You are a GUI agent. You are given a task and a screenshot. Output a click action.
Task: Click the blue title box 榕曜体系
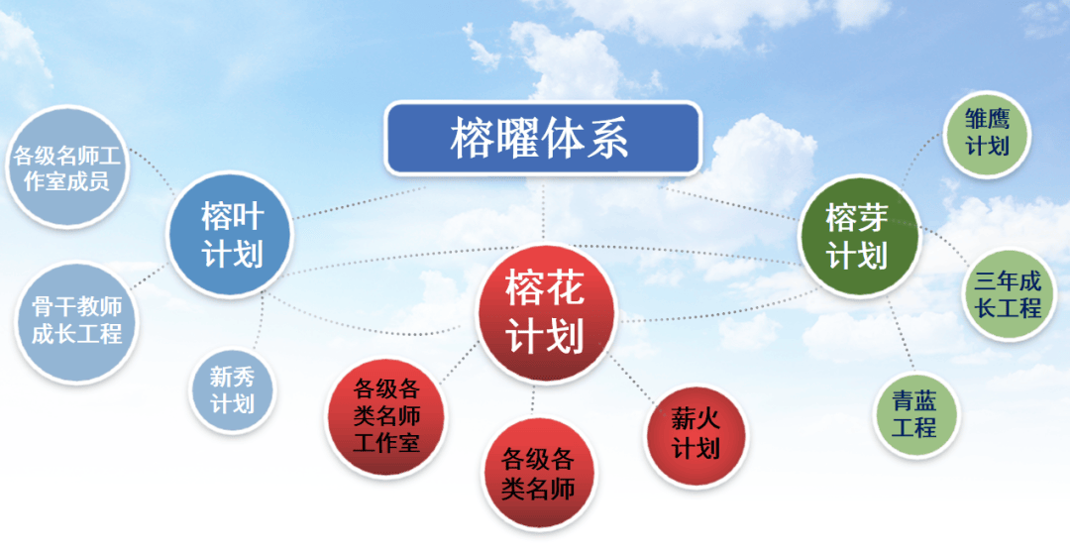pyautogui.click(x=543, y=139)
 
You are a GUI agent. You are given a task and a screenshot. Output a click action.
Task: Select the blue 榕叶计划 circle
pyautogui.click(x=230, y=234)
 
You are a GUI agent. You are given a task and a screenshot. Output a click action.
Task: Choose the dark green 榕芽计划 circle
pyautogui.click(x=858, y=236)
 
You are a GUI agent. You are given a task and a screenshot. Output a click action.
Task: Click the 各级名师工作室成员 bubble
pyautogui.click(x=67, y=166)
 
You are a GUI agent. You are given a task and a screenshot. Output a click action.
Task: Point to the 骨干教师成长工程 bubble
pyautogui.click(x=75, y=321)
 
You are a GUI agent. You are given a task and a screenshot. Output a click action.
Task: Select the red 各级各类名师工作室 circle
pyautogui.click(x=386, y=417)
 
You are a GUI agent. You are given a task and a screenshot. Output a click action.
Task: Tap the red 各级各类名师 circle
pyautogui.click(x=538, y=473)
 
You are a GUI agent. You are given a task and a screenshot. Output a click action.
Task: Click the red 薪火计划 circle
pyautogui.click(x=695, y=436)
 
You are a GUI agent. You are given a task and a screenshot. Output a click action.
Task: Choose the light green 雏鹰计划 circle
pyautogui.click(x=987, y=134)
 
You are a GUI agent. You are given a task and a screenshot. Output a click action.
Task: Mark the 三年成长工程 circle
pyautogui.click(x=1009, y=294)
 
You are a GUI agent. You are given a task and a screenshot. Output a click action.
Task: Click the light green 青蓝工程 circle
pyautogui.click(x=915, y=414)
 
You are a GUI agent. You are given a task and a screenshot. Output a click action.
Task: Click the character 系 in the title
pyautogui.click(x=607, y=139)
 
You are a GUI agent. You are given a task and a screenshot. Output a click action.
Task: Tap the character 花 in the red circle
pyautogui.click(x=565, y=288)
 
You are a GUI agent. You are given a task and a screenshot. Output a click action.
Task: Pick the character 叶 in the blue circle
pyautogui.click(x=249, y=217)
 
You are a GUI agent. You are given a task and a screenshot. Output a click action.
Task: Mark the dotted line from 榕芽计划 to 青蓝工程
pyautogui.click(x=900, y=335)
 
